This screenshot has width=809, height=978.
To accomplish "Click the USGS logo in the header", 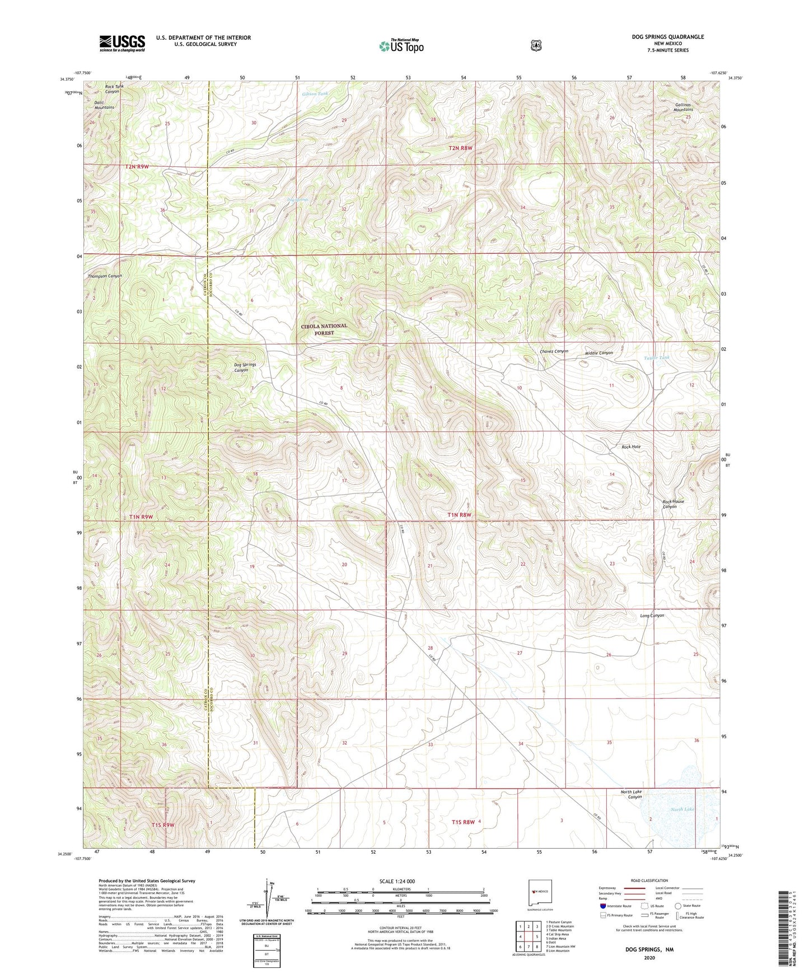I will (122, 43).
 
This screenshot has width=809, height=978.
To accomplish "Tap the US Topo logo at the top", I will (401, 46).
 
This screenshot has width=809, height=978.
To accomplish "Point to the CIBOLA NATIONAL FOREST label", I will (324, 329).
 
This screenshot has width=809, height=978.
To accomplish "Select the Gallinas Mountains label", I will (683, 107).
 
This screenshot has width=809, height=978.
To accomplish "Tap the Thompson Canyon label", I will (105, 276).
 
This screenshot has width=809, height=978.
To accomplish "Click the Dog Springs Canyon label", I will (245, 367).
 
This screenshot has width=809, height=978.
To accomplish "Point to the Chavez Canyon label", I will (554, 351).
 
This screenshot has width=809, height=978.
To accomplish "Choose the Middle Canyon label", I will (598, 353).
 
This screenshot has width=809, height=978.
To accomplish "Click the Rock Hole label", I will (631, 447).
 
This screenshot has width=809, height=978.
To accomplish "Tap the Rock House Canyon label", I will (674, 504).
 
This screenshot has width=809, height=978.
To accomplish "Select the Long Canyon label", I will (652, 616).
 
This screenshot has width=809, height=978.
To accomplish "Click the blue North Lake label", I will (682, 809).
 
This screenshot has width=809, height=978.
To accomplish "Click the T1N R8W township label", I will (460, 515).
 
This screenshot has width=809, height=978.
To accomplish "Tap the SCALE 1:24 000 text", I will (397, 881).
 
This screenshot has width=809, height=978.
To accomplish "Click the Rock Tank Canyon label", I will (112, 89).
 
